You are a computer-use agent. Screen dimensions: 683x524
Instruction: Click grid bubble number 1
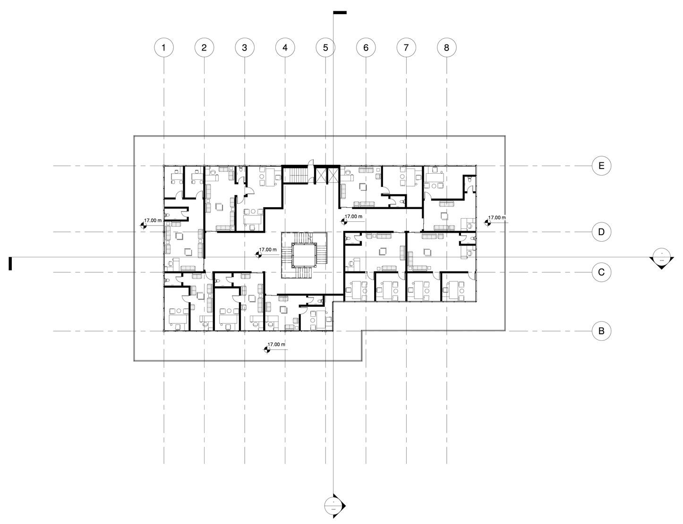pyautogui.click(x=164, y=47)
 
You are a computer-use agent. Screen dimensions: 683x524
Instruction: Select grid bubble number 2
pyautogui.click(x=204, y=47)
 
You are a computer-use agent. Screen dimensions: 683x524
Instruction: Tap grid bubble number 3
pyautogui.click(x=245, y=47)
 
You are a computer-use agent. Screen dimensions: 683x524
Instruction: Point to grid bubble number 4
pyautogui.click(x=285, y=47)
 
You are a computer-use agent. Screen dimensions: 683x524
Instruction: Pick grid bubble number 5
pyautogui.click(x=325, y=47)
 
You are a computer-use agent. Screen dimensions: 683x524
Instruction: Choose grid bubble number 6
pyautogui.click(x=366, y=47)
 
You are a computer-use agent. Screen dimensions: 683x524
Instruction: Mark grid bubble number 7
pyautogui.click(x=406, y=47)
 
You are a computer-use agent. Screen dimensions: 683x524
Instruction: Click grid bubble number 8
pyautogui.click(x=447, y=47)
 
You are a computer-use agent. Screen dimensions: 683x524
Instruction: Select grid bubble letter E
pyautogui.click(x=601, y=166)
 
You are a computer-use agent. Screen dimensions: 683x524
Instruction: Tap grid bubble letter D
pyautogui.click(x=601, y=232)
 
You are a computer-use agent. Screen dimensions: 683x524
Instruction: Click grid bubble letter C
pyautogui.click(x=601, y=272)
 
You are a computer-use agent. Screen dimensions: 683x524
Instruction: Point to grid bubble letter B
pyautogui.click(x=601, y=331)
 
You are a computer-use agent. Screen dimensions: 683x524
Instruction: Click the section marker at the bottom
pyautogui.click(x=334, y=506)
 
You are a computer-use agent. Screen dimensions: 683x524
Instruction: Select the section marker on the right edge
pyautogui.click(x=661, y=258)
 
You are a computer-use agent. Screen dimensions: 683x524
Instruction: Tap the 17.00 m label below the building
pyautogui.click(x=276, y=345)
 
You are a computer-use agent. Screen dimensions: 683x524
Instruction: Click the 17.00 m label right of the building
pyautogui.click(x=496, y=218)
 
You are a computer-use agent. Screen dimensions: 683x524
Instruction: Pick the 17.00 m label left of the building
pyautogui.click(x=153, y=220)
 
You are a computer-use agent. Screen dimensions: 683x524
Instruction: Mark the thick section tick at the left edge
pyautogui.click(x=10, y=263)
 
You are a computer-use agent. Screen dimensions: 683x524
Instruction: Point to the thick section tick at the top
pyautogui.click(x=340, y=12)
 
